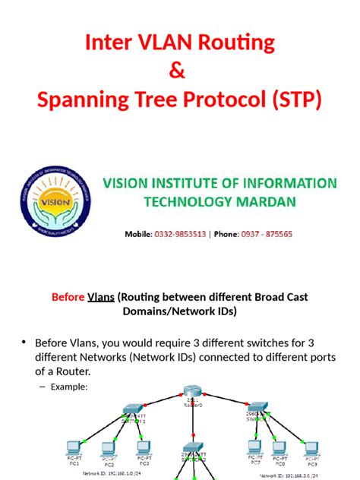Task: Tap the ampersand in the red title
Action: point(179,73)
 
